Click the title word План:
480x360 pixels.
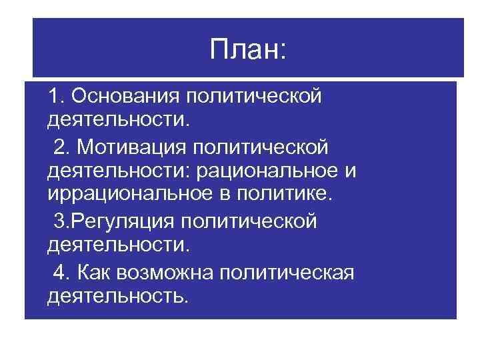247,50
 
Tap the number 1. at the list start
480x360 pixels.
56,96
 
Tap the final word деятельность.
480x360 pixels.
118,295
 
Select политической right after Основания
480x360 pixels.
253,96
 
